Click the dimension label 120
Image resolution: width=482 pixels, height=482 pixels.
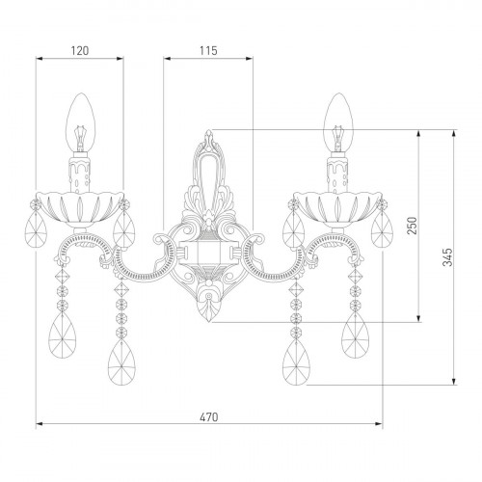80,51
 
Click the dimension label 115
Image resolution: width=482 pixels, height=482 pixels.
208,51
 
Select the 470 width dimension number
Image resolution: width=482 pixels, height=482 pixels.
209,416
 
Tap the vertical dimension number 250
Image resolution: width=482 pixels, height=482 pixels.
413,226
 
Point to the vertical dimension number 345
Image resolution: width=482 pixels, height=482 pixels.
447,257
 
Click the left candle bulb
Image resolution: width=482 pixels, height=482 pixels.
81,122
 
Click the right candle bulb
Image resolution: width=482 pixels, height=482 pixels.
338,122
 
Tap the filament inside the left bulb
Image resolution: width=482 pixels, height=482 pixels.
80,138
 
